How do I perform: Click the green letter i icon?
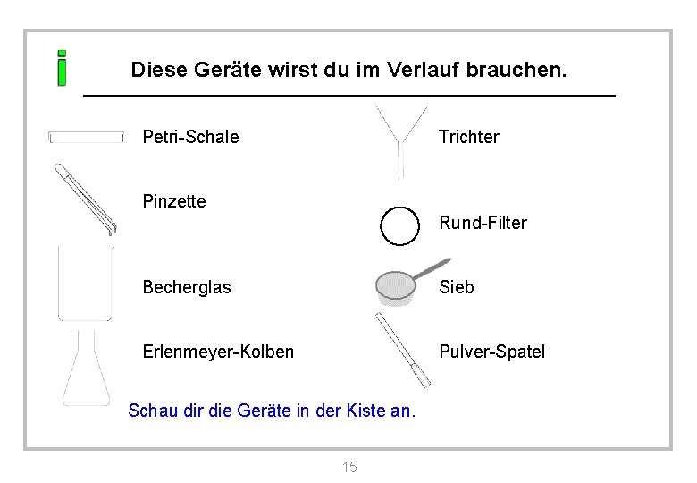(62, 68)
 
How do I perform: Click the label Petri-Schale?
(190, 137)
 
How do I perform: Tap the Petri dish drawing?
(86, 137)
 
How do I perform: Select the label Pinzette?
(174, 201)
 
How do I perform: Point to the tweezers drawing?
(85, 199)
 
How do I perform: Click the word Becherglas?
(187, 287)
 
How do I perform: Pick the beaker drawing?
(85, 283)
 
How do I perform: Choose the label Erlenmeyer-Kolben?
(218, 352)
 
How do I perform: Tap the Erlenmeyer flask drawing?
(87, 371)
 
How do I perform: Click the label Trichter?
(468, 137)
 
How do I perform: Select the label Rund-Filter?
(483, 223)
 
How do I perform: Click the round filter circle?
(399, 225)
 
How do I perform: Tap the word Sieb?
(456, 287)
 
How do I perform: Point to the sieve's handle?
(433, 267)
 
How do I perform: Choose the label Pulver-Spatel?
(491, 352)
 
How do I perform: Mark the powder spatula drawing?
(403, 350)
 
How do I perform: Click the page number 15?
(349, 467)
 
